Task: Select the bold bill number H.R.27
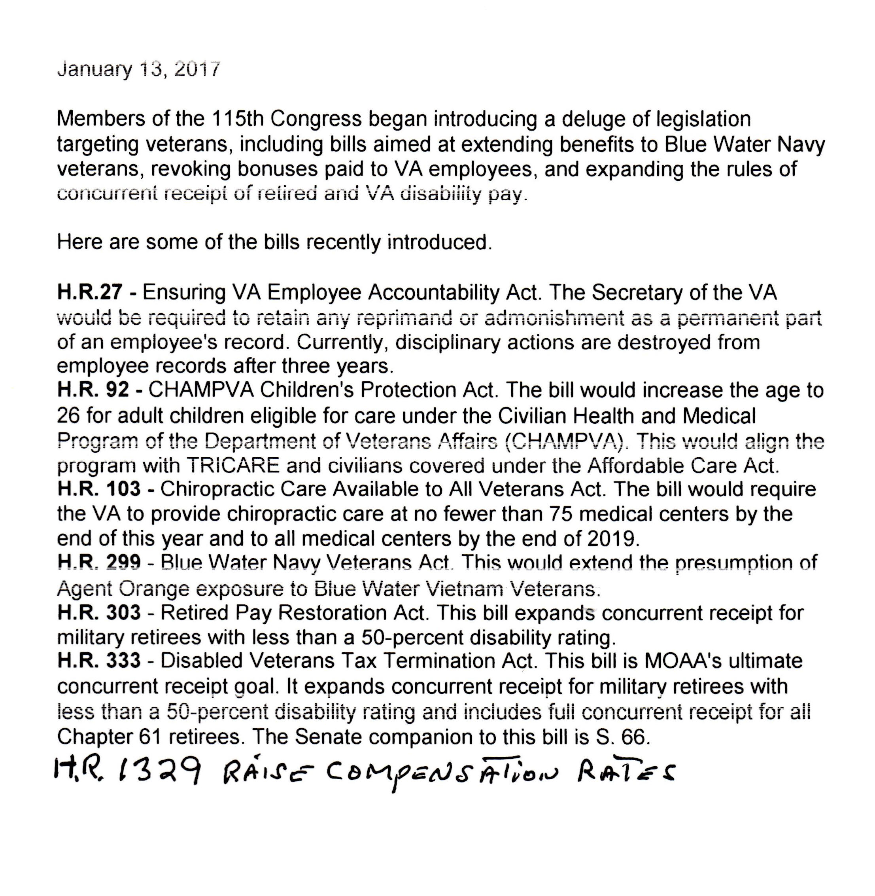click(90, 292)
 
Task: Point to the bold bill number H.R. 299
click(99, 562)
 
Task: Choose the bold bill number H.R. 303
click(99, 612)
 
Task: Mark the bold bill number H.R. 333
click(99, 661)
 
